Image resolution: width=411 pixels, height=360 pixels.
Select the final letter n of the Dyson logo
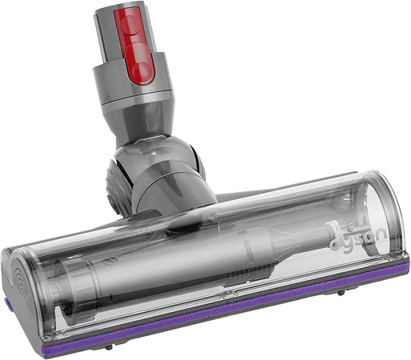[381, 235]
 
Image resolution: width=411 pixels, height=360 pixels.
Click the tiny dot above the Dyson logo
[351, 226]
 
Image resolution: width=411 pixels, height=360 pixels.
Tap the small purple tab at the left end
[6, 304]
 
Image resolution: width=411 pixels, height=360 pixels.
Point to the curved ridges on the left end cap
[19, 278]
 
